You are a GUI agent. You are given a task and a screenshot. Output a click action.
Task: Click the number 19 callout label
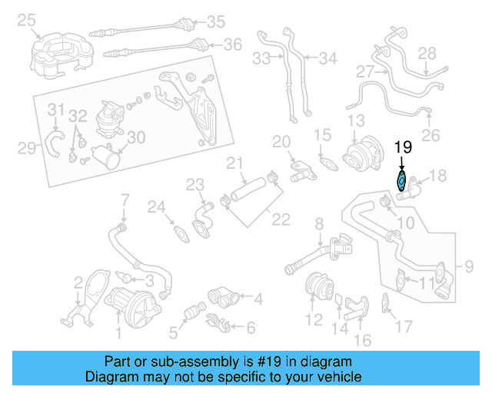tap(403, 147)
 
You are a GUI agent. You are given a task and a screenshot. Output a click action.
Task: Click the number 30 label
tap(135, 137)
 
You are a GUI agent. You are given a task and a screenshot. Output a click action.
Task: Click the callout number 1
tap(118, 332)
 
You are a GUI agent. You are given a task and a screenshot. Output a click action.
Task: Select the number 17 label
tap(404, 327)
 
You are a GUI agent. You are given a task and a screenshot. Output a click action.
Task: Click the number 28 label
tap(427, 53)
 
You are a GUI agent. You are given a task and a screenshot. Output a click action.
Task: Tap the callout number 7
tap(125, 201)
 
